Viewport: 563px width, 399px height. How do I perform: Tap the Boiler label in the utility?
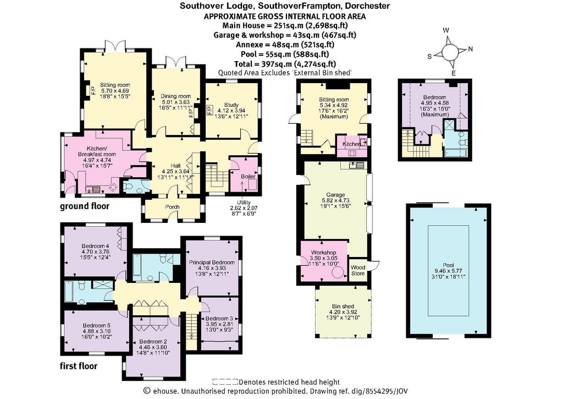(248, 177)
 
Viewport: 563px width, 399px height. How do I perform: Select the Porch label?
(172, 207)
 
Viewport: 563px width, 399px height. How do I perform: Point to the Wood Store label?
(358, 270)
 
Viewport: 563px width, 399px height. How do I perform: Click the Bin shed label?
(343, 306)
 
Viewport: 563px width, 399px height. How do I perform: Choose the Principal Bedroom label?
(212, 263)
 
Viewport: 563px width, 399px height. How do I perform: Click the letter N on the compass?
(471, 49)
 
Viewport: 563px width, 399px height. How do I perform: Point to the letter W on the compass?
(446, 31)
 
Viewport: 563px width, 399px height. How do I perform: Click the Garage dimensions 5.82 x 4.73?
(336, 200)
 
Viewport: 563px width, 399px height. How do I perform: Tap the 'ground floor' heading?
(84, 206)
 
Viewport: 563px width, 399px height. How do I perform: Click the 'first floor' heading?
(79, 367)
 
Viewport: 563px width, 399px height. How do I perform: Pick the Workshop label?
(323, 253)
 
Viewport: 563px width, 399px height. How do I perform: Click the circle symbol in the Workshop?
(338, 272)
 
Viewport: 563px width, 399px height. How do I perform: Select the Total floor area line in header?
(285, 64)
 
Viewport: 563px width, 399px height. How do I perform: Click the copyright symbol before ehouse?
(146, 391)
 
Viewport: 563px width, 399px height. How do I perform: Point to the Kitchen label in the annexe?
(351, 144)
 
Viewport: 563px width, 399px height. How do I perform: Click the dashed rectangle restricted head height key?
(225, 382)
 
